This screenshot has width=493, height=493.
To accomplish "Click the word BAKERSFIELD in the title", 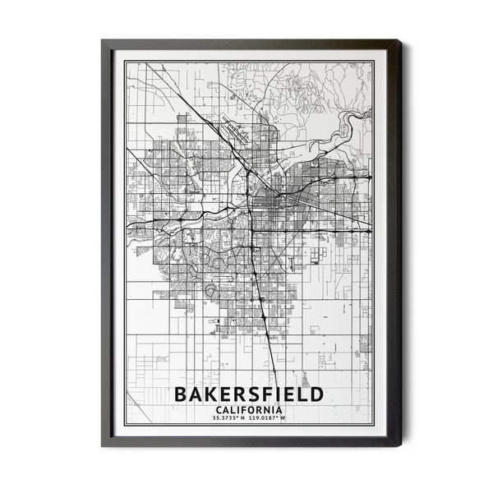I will pyautogui.click(x=249, y=394).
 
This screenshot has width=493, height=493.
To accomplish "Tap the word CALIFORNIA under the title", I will pyautogui.click(x=248, y=410).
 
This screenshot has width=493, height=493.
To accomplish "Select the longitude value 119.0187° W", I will pyautogui.click(x=270, y=419).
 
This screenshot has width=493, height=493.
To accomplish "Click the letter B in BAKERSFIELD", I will pyautogui.click(x=182, y=394).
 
